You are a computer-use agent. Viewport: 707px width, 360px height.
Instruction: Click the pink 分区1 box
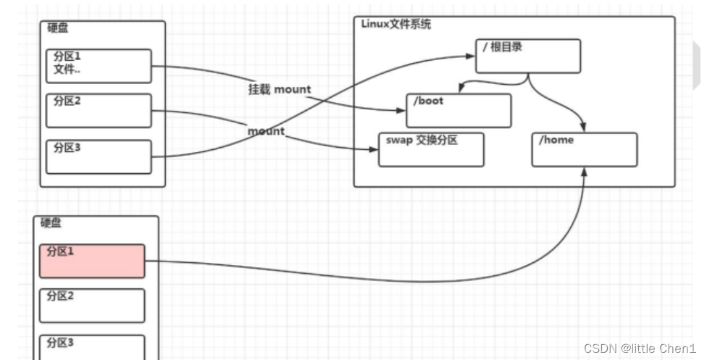[92, 261]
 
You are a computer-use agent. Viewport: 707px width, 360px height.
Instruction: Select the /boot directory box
[458, 111]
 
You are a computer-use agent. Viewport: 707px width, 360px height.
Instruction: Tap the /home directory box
[584, 149]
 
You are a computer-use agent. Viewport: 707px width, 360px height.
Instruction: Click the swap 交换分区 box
[431, 149]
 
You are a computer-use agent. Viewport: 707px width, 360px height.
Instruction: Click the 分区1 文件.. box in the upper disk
[99, 67]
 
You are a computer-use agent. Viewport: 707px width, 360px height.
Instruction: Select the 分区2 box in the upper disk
[99, 110]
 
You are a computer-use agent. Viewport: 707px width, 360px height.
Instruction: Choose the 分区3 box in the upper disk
[99, 156]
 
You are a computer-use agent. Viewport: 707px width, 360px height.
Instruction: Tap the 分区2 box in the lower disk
[92, 305]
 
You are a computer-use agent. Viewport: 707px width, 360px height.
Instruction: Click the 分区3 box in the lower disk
[92, 346]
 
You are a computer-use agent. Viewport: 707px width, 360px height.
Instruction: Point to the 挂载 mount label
[279, 89]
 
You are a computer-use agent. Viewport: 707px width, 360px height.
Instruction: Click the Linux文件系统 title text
[396, 25]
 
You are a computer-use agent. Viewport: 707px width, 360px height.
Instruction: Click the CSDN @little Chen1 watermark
[640, 348]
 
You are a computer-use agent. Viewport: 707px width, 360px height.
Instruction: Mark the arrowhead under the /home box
[584, 171]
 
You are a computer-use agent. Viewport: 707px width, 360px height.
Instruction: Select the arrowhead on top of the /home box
[584, 128]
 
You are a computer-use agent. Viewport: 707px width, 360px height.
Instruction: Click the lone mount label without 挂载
[266, 132]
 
